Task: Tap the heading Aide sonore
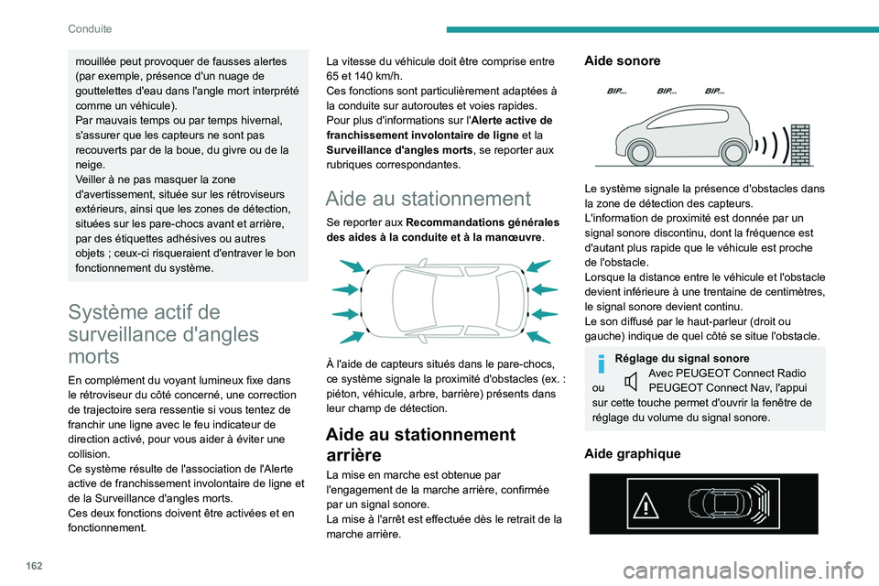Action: click(622, 60)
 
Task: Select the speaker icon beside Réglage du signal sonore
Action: click(629, 381)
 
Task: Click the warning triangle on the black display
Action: click(646, 505)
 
